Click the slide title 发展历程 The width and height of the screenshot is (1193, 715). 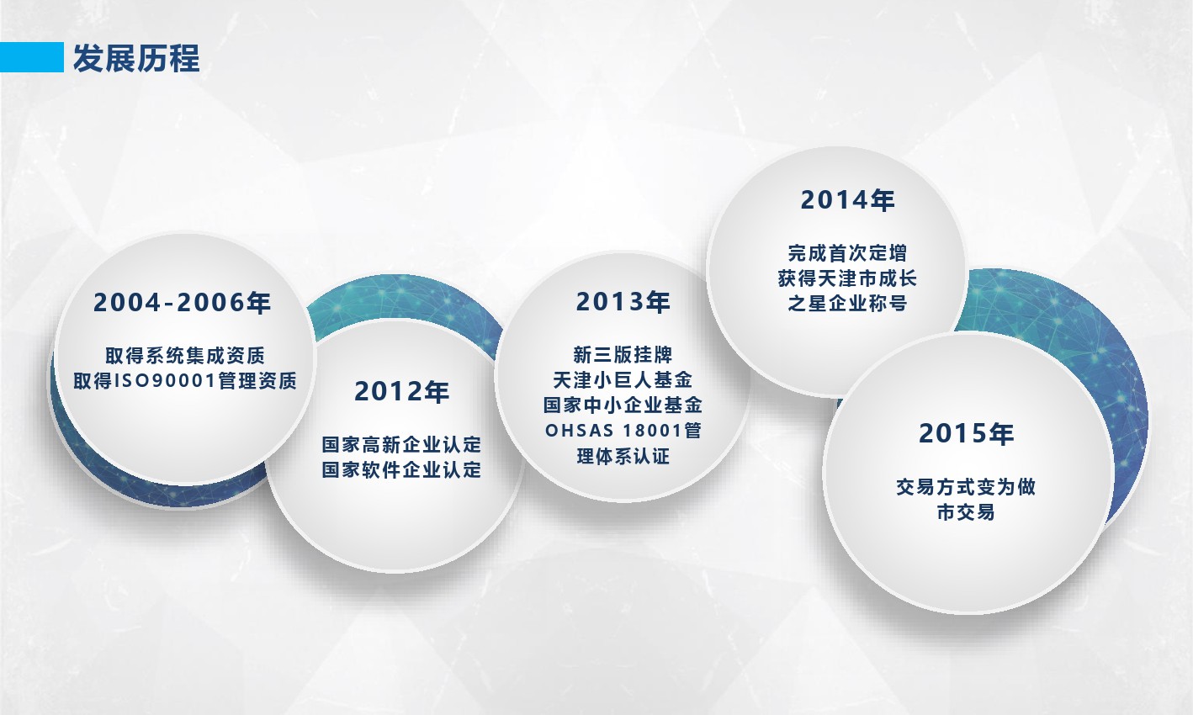pyautogui.click(x=136, y=58)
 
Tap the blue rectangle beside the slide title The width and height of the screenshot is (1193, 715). pyautogui.click(x=32, y=57)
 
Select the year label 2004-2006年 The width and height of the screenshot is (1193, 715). pyautogui.click(x=182, y=302)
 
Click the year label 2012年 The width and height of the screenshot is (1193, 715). pyautogui.click(x=401, y=391)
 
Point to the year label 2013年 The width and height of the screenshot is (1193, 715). pyautogui.click(x=623, y=302)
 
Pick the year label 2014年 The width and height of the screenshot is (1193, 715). pyautogui.click(x=847, y=200)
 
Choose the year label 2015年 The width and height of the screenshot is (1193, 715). pyautogui.click(x=966, y=433)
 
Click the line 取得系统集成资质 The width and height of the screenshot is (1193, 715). pyautogui.click(x=185, y=355)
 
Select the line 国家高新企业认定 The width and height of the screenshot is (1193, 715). pyautogui.click(x=401, y=444)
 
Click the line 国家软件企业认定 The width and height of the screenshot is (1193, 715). pyautogui.click(x=401, y=469)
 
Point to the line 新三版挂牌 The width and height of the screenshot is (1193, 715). pyautogui.click(x=623, y=355)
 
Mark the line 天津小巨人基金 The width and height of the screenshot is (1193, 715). pyautogui.click(x=623, y=379)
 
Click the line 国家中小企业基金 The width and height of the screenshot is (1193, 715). pyautogui.click(x=623, y=405)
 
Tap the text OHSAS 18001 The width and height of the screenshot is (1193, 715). pyautogui.click(x=613, y=430)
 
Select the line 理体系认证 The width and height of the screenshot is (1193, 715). pyautogui.click(x=623, y=456)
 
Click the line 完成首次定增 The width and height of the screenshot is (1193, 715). pyautogui.click(x=847, y=253)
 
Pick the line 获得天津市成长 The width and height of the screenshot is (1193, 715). pyautogui.click(x=847, y=278)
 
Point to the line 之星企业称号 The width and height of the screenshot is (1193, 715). pyautogui.click(x=847, y=304)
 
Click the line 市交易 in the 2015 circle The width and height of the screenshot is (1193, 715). pyautogui.click(x=966, y=512)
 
